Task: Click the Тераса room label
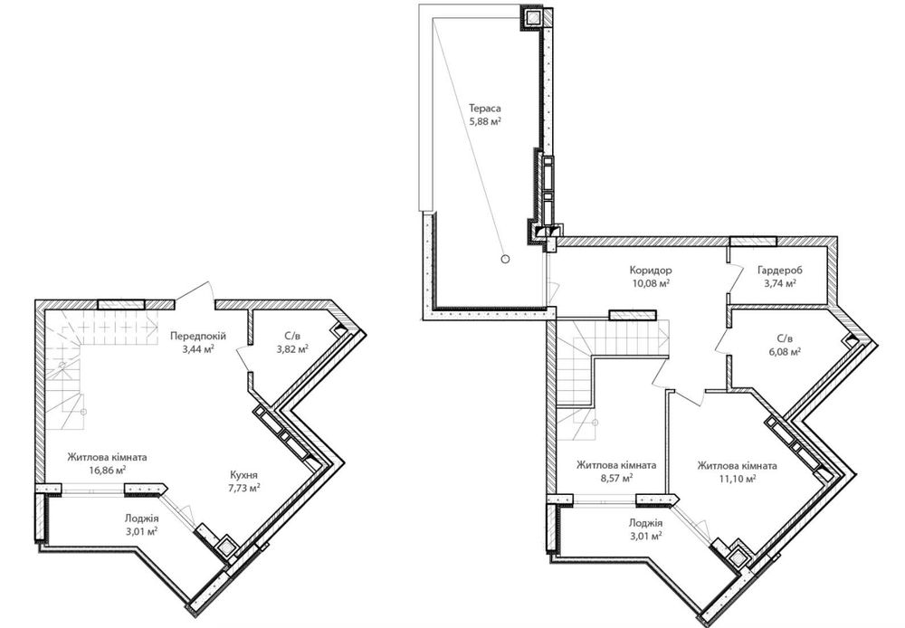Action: click(485, 108)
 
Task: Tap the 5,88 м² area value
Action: click(485, 121)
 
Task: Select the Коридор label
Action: click(651, 270)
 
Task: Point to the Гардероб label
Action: click(780, 270)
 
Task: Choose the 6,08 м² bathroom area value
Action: click(785, 351)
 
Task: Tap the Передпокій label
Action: click(198, 336)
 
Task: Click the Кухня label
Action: click(243, 474)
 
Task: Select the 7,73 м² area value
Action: click(243, 488)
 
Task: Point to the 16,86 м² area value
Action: click(108, 470)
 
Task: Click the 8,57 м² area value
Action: click(616, 478)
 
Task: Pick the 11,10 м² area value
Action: click(737, 479)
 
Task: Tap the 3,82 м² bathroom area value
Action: click(292, 348)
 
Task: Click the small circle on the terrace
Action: click(505, 259)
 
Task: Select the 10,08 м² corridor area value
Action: click(651, 283)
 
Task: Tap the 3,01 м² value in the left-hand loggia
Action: click(141, 531)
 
